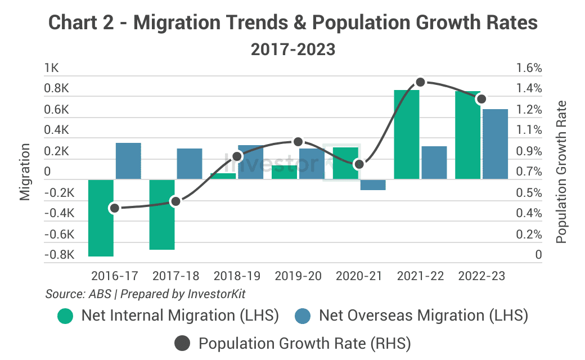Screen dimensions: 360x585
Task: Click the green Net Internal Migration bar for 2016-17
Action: pyautogui.click(x=101, y=218)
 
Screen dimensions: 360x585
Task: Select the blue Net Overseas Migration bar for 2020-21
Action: pyautogui.click(x=373, y=185)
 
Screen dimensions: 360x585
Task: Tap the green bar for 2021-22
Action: pyautogui.click(x=407, y=134)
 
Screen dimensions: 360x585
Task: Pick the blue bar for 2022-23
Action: pyautogui.click(x=495, y=144)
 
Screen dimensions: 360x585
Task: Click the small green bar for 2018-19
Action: pyautogui.click(x=223, y=176)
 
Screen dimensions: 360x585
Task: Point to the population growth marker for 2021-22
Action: pyautogui.click(x=420, y=83)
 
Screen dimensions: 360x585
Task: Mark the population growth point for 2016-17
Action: pyautogui.click(x=115, y=208)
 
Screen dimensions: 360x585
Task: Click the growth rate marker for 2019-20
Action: pyautogui.click(x=298, y=142)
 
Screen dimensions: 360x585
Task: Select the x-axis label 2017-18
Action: pyautogui.click(x=175, y=277)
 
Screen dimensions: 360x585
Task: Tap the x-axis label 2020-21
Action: pyautogui.click(x=359, y=277)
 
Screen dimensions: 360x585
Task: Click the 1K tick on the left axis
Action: pyautogui.click(x=51, y=69)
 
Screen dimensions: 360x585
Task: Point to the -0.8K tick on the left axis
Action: pyautogui.click(x=59, y=255)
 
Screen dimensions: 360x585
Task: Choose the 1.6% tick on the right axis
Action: pyautogui.click(x=528, y=69)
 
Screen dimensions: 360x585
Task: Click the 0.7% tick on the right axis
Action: pyautogui.click(x=528, y=172)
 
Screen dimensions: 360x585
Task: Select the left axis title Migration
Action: pyautogui.click(x=25, y=172)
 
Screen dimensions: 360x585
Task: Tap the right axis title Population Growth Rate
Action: pyautogui.click(x=561, y=172)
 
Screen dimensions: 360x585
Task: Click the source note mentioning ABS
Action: pyautogui.click(x=145, y=294)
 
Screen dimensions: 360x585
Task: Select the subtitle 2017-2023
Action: pyautogui.click(x=292, y=49)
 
